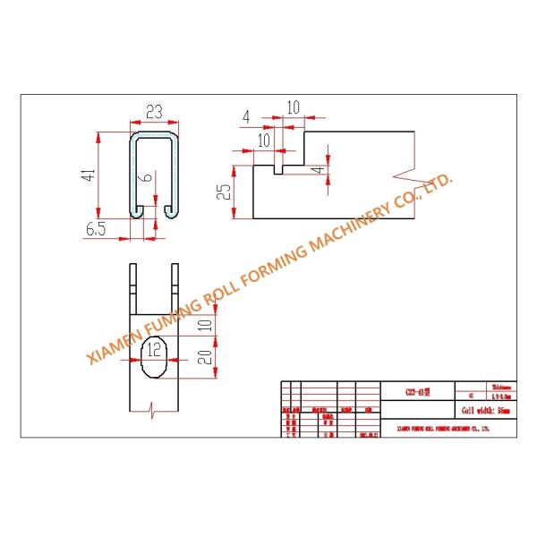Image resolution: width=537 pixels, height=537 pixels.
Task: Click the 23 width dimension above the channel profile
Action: [x=153, y=113]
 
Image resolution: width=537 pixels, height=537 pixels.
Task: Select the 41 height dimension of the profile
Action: [x=88, y=175]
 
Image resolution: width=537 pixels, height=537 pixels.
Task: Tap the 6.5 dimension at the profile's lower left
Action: [x=96, y=230]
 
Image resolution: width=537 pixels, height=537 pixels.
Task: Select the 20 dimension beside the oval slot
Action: [x=205, y=358]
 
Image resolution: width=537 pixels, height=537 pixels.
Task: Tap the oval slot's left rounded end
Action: [x=141, y=360]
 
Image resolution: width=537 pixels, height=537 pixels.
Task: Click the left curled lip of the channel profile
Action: [x=138, y=209]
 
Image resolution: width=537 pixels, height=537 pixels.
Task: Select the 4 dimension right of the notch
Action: [x=314, y=168]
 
